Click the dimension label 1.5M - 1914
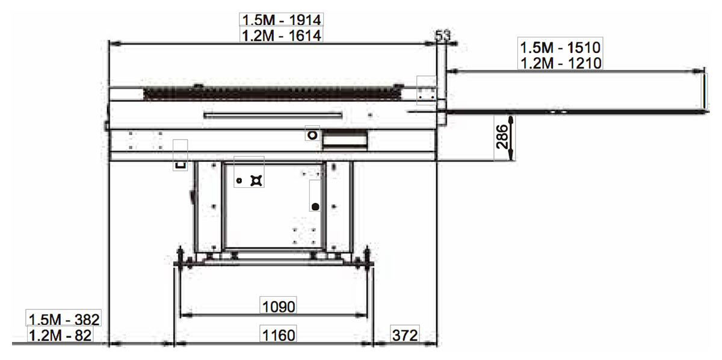click(282, 20)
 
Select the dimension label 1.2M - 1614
click(282, 36)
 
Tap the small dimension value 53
click(443, 35)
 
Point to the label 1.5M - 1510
click(560, 48)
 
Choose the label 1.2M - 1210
click(561, 63)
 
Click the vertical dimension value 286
click(502, 137)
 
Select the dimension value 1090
click(279, 307)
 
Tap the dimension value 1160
click(279, 335)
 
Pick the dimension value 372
click(405, 335)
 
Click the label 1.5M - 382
click(64, 320)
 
